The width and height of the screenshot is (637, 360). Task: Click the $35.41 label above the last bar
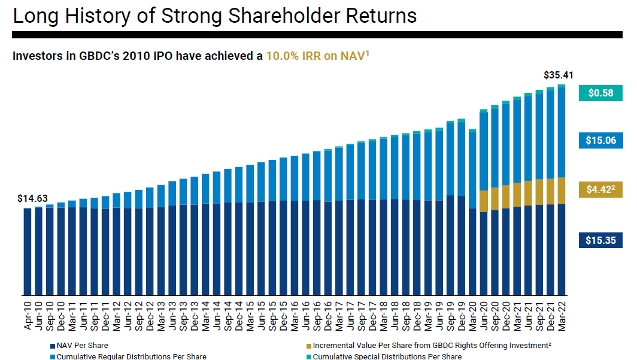click(558, 75)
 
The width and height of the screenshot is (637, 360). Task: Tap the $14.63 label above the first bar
click(32, 198)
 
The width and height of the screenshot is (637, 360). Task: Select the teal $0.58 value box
click(600, 93)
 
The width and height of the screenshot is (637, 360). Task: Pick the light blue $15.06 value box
click(600, 141)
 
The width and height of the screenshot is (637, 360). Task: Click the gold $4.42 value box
click(600, 190)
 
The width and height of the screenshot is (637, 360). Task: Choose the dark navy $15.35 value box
click(600, 240)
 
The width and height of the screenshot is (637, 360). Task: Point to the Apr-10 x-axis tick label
click(28, 314)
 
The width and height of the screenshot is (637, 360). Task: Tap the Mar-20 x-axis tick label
click(472, 314)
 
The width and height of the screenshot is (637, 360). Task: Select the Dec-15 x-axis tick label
click(283, 314)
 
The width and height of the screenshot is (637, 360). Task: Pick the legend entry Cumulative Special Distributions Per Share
click(387, 356)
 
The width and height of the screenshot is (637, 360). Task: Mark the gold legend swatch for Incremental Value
click(308, 346)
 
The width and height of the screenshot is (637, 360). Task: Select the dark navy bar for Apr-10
click(28, 252)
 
